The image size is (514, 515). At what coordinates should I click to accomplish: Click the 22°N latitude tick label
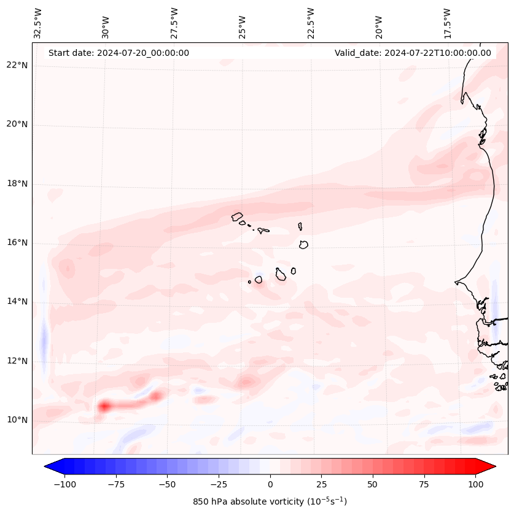pos(18,66)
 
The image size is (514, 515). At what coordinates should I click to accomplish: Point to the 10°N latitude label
pos(18,420)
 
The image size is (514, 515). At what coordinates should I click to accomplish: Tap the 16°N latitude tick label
pos(18,243)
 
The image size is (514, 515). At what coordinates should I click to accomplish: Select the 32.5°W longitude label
pos(38,23)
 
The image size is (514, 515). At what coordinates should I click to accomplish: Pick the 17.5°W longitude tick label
pos(446,23)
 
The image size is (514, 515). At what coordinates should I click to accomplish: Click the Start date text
pos(119,53)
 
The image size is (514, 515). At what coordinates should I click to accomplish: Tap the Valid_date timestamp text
pos(413,53)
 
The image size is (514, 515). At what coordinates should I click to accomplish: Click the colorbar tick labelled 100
pos(475,484)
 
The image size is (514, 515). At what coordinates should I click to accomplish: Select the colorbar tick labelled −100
pos(64,484)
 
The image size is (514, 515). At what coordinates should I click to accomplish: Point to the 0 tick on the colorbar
pos(270,484)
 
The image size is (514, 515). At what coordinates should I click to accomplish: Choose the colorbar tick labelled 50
pos(372,484)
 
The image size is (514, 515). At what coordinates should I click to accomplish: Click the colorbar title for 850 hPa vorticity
pos(270,501)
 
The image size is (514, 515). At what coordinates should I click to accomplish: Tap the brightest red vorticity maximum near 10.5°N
pos(104,406)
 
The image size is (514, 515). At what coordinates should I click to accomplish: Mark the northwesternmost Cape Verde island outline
pos(237,216)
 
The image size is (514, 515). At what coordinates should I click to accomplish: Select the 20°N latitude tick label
pos(18,125)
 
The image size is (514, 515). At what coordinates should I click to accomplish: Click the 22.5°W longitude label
pos(311,23)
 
